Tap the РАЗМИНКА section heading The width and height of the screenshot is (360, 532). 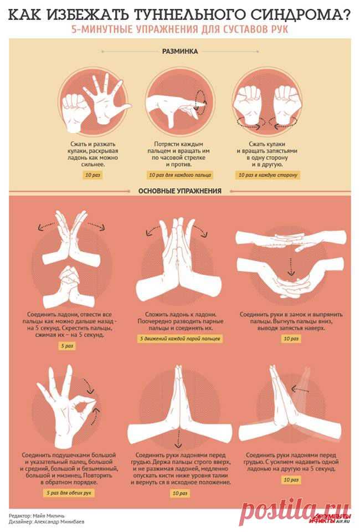click(180, 51)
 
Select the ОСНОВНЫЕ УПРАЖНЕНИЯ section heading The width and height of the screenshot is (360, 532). click(179, 191)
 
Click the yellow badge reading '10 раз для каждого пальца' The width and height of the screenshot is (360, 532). click(180, 175)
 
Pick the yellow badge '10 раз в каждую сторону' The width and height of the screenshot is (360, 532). click(268, 175)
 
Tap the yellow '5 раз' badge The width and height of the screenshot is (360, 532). click(67, 346)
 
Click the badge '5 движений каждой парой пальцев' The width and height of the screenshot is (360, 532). click(180, 339)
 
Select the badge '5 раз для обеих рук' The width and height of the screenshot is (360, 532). click(69, 493)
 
